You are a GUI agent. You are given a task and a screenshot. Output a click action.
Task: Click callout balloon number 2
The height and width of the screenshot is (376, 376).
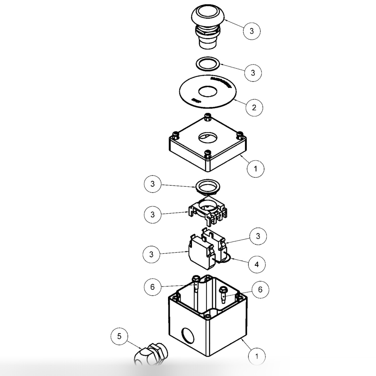pos(254,107)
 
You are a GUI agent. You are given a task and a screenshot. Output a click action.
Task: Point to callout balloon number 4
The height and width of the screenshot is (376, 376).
pos(257,265)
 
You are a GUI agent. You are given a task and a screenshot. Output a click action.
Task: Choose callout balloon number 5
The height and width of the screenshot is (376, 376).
pos(119,336)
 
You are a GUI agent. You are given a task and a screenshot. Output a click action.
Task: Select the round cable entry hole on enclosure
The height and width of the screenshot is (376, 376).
pos(188,335)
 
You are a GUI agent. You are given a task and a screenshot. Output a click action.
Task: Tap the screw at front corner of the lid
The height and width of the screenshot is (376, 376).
pos(207,154)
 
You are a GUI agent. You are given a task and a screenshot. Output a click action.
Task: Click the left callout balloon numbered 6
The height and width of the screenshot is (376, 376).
pos(152,287)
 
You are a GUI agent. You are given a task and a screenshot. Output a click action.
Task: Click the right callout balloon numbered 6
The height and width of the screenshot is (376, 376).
pos(260,289)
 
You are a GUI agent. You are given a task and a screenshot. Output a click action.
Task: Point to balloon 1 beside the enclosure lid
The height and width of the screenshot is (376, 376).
pos(255,168)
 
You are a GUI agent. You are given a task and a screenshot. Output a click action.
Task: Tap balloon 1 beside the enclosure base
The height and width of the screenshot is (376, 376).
pos(257,356)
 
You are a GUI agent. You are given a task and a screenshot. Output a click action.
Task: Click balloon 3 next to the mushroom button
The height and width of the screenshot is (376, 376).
pos(252,31)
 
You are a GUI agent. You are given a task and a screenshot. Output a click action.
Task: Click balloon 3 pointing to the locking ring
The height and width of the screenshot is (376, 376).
pos(152,184)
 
